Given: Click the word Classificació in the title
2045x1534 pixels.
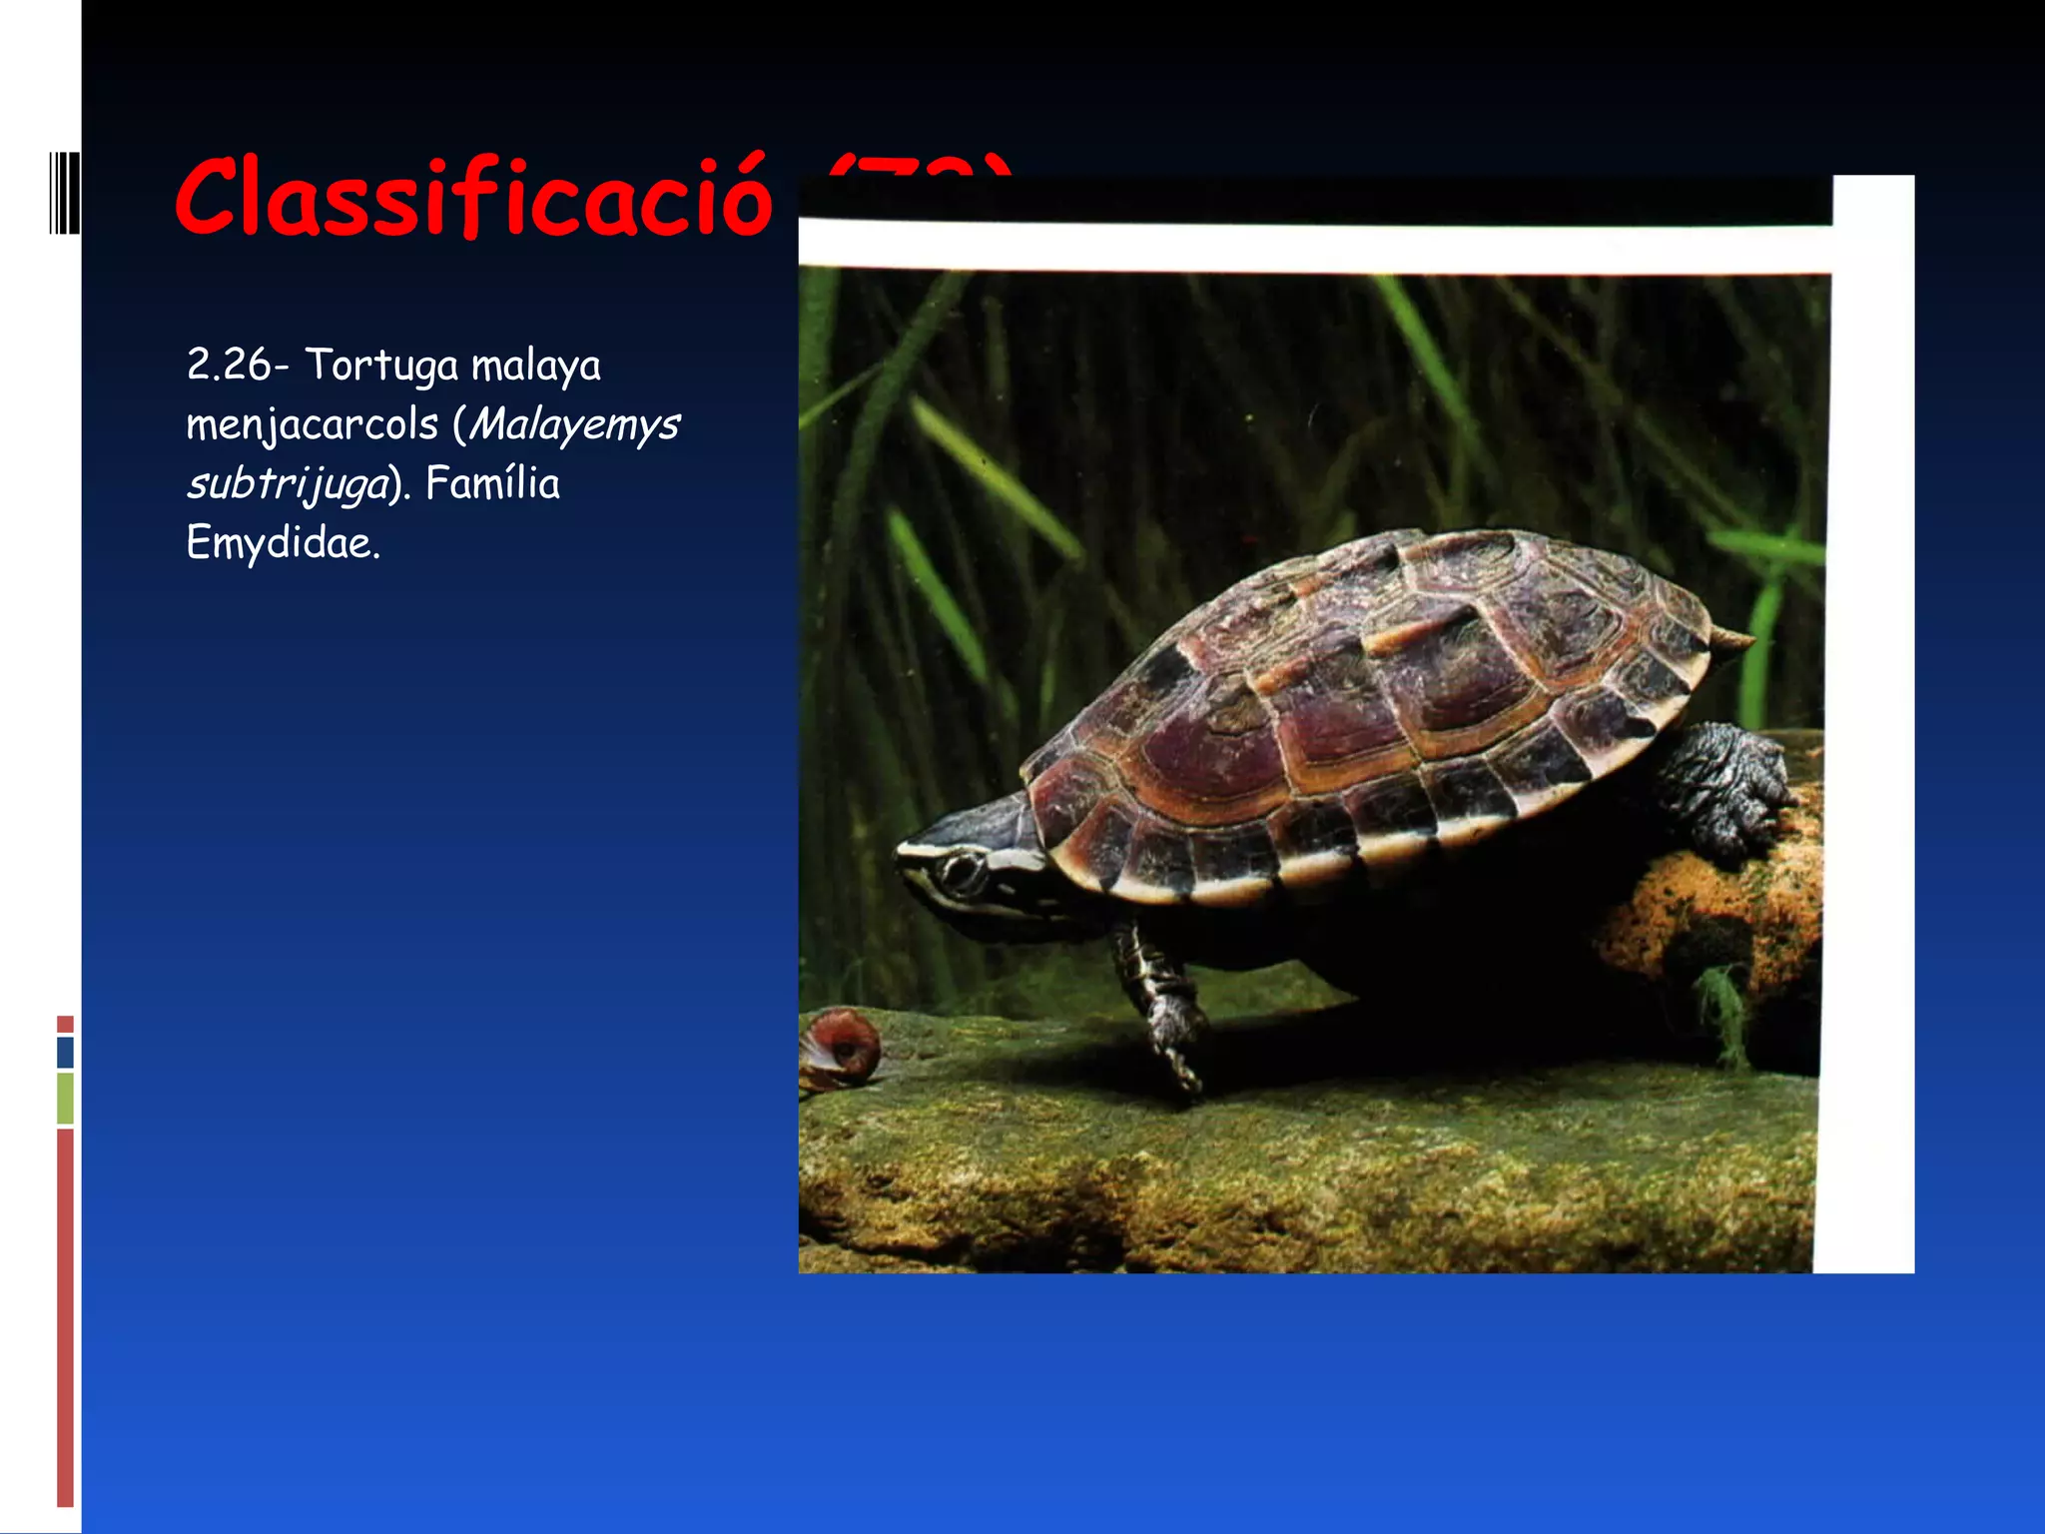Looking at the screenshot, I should coord(473,199).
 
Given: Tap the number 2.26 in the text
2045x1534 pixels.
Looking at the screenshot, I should coord(229,366).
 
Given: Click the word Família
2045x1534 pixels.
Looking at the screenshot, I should coord(492,484).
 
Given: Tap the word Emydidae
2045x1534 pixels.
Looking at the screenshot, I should coord(283,544).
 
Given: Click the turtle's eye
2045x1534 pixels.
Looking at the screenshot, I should coord(961,872).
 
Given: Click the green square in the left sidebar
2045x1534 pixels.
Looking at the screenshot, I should coord(65,1098).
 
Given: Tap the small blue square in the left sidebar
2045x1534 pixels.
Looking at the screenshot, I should coord(65,1052).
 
